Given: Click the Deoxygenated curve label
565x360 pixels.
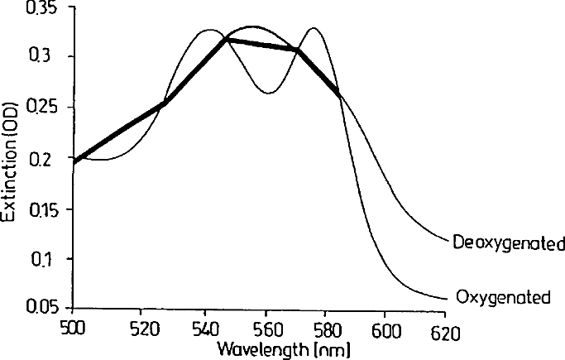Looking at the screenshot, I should click(x=508, y=244).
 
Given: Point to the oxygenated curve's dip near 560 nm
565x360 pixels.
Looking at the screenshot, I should click(x=269, y=93).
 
